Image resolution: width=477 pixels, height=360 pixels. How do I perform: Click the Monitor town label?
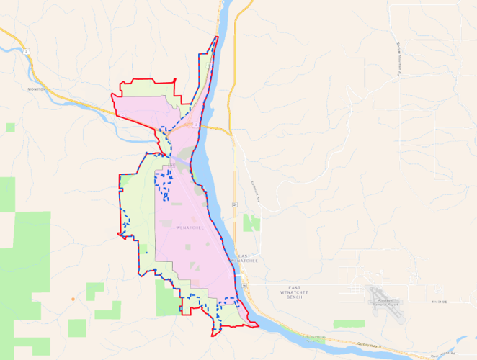(x=36, y=89)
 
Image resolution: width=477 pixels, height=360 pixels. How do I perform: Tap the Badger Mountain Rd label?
(x=398, y=56)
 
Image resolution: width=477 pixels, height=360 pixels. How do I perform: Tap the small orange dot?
(x=73, y=298)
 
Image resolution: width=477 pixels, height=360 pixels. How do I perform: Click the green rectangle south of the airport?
(x=349, y=325)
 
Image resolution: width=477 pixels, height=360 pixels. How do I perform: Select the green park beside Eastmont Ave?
(x=251, y=222)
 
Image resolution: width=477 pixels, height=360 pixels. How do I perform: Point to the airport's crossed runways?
(x=378, y=294)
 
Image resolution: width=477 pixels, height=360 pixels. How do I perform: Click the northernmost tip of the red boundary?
(x=218, y=37)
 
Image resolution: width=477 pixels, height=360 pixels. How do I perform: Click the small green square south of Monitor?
(x=10, y=127)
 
